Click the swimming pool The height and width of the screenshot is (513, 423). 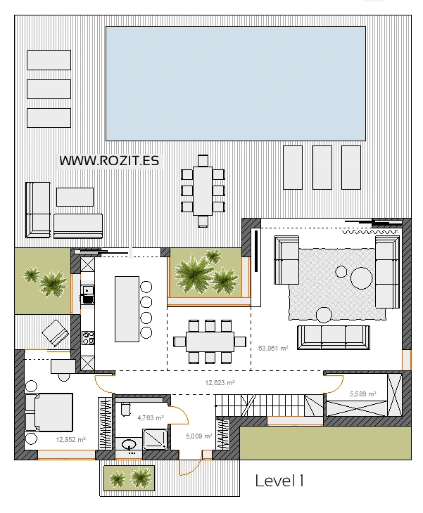pyautogui.click(x=236, y=84)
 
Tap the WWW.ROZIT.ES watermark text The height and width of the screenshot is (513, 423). pyautogui.click(x=109, y=161)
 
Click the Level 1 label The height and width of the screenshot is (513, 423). pyautogui.click(x=279, y=481)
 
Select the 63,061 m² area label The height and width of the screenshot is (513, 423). pyautogui.click(x=273, y=348)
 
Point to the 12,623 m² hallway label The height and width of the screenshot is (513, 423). pyautogui.click(x=220, y=382)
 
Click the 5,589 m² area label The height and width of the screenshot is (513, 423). pyautogui.click(x=362, y=394)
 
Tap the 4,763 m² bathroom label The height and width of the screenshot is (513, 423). pyautogui.click(x=151, y=417)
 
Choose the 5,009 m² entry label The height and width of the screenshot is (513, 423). pyautogui.click(x=199, y=436)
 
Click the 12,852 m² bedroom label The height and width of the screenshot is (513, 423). pyautogui.click(x=71, y=439)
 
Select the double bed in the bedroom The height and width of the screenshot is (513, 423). pyautogui.click(x=49, y=413)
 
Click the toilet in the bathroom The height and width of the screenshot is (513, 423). pyautogui.click(x=125, y=409)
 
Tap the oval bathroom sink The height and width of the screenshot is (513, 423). pyautogui.click(x=129, y=445)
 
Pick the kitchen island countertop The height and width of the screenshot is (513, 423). pyautogui.click(x=127, y=309)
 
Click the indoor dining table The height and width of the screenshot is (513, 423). pyautogui.click(x=210, y=342)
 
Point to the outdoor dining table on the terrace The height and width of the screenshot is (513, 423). pyautogui.click(x=203, y=191)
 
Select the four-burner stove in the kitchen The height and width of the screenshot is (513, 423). pyautogui.click(x=88, y=338)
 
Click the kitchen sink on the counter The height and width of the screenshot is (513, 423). pyautogui.click(x=87, y=290)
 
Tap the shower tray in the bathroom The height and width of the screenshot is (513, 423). pyautogui.click(x=155, y=439)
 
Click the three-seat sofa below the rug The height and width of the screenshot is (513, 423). pyautogui.click(x=334, y=337)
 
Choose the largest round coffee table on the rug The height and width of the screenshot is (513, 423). pyautogui.click(x=361, y=278)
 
